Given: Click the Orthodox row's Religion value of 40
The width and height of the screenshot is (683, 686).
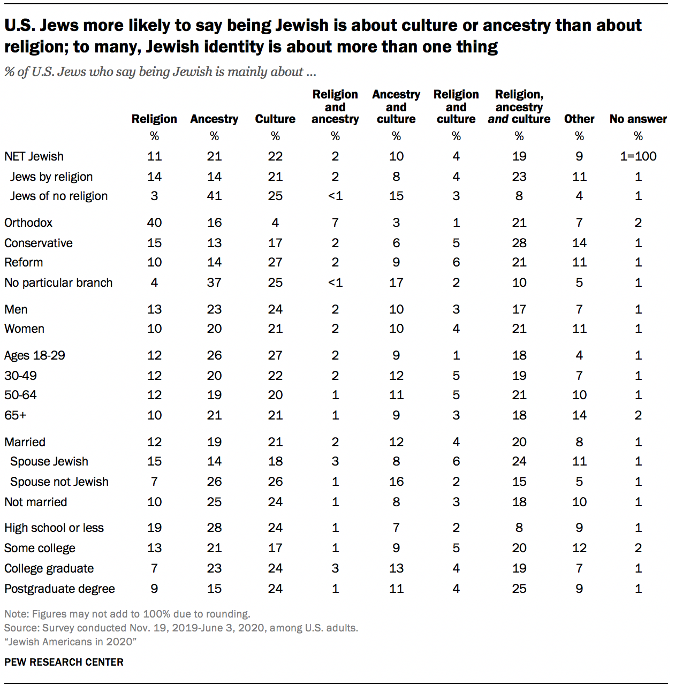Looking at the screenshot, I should click(x=154, y=223).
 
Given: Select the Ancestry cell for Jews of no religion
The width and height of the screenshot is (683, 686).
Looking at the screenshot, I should click(x=214, y=196).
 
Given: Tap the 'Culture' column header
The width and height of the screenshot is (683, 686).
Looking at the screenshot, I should click(x=275, y=119).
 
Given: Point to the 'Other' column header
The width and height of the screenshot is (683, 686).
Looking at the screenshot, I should click(x=579, y=119).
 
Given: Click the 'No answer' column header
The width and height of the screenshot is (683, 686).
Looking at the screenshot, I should click(x=638, y=119).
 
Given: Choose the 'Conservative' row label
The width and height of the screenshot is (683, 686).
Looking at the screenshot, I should click(x=39, y=243).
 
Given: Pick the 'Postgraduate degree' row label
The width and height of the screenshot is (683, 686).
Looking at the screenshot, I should click(x=59, y=589).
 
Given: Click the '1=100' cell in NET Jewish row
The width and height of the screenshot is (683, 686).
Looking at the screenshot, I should click(x=638, y=156).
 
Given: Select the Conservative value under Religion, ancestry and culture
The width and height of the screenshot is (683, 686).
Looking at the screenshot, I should click(x=519, y=243).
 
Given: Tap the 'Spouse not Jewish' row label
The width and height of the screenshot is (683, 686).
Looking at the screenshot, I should click(x=59, y=482).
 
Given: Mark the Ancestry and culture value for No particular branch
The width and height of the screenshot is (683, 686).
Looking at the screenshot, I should click(x=396, y=283).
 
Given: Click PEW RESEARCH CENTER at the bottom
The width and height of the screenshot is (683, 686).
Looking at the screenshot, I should click(x=64, y=662).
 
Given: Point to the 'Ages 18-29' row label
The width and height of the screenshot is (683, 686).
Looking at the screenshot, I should click(x=35, y=355).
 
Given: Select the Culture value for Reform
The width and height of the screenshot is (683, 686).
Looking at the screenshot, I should click(x=275, y=262).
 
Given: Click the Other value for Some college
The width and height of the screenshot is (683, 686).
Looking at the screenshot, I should click(x=579, y=548).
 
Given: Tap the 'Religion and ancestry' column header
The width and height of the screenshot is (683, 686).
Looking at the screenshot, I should click(x=335, y=106).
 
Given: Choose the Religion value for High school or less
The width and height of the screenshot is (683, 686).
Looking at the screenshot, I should click(x=154, y=528).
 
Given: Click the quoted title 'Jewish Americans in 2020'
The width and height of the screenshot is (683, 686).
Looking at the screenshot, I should click(x=70, y=642).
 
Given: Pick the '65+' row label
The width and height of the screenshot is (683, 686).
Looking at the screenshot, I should click(x=16, y=415).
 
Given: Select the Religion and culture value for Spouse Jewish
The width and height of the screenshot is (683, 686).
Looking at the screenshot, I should click(x=456, y=461).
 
